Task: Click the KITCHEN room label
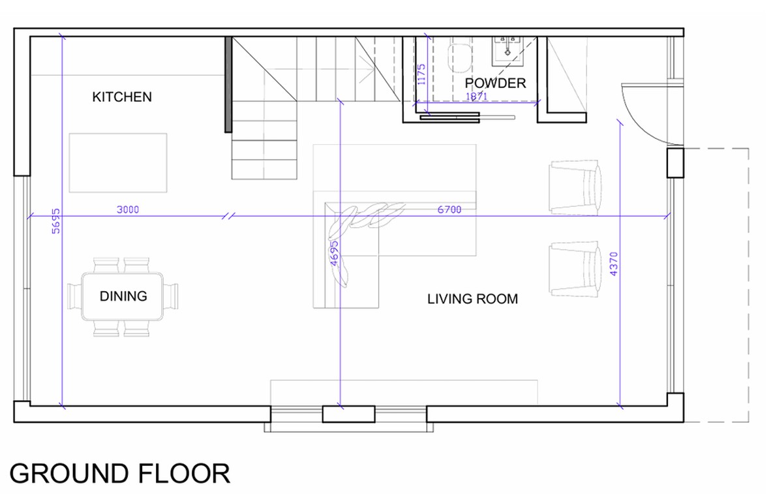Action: (122, 97)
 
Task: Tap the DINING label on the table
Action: (123, 296)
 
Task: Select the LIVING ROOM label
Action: (472, 299)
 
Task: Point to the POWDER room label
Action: (495, 83)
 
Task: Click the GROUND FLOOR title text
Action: (120, 473)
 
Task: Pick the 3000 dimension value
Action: (128, 209)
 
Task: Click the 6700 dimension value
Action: (449, 209)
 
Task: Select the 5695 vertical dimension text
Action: (56, 221)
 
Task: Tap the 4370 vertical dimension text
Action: (613, 264)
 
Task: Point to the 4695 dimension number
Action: (334, 253)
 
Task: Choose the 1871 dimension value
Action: (476, 97)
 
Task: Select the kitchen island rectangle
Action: (118, 162)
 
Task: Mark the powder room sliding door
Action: (467, 117)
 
